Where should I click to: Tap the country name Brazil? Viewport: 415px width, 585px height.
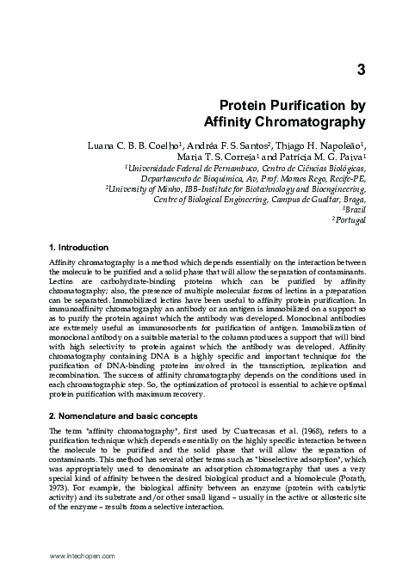click(356, 212)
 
